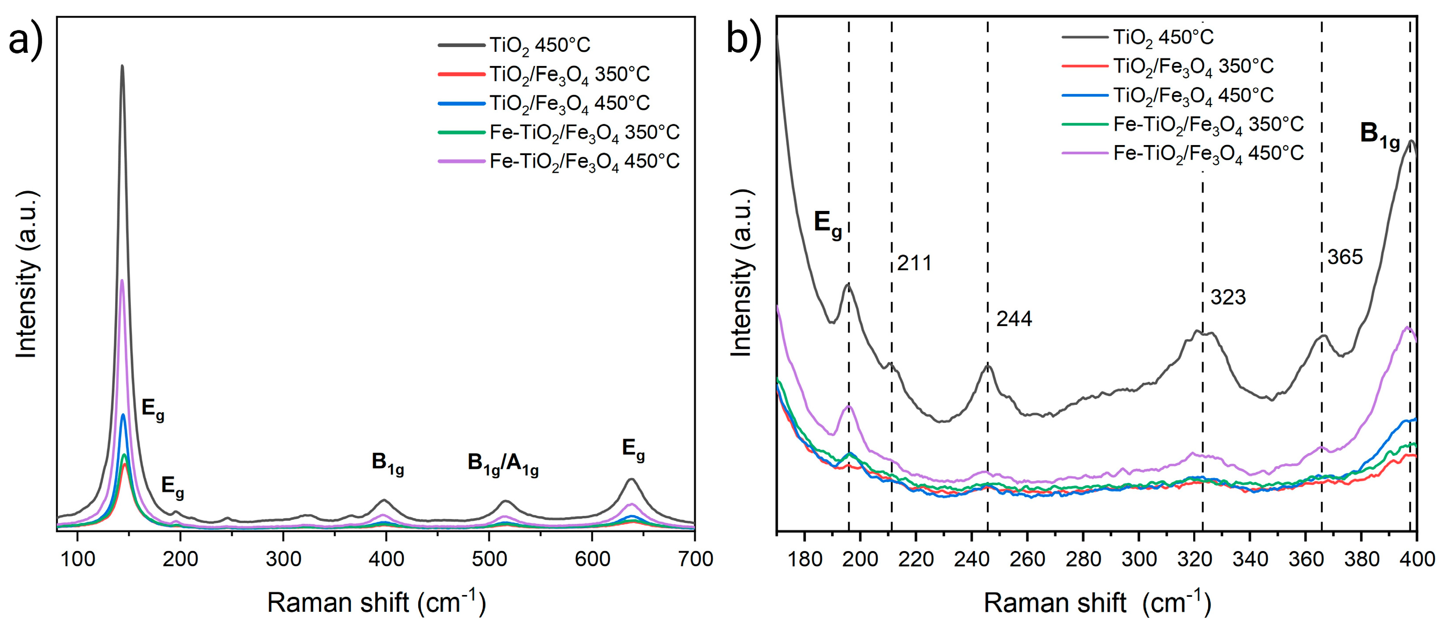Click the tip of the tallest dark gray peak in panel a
pos(122,66)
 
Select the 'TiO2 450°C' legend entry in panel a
pos(539,45)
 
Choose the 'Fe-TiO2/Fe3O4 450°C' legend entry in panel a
pos(584,162)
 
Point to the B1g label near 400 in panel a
pos(388,463)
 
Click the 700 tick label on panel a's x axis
pos(695,559)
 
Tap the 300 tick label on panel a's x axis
pos(283,559)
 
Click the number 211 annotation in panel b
pos(914,263)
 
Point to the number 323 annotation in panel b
pos(1228,297)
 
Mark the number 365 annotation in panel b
pos(1344,257)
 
